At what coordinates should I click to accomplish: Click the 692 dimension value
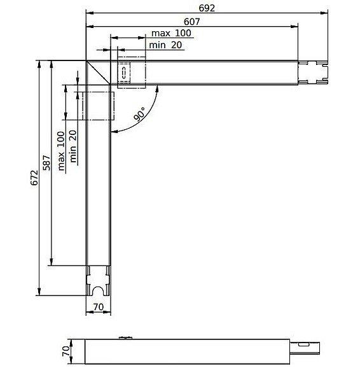point(207,8)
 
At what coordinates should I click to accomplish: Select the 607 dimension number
point(192,22)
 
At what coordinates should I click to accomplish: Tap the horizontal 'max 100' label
point(171,33)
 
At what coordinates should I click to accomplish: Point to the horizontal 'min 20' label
point(165,45)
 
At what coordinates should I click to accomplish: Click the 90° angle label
point(140,114)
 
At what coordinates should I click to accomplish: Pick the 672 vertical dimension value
point(34,178)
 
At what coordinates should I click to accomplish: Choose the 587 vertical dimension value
point(46,162)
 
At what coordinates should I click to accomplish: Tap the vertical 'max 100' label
point(61,151)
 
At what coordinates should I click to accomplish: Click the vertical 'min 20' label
point(73,146)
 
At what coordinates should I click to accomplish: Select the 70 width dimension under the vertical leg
point(99,307)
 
